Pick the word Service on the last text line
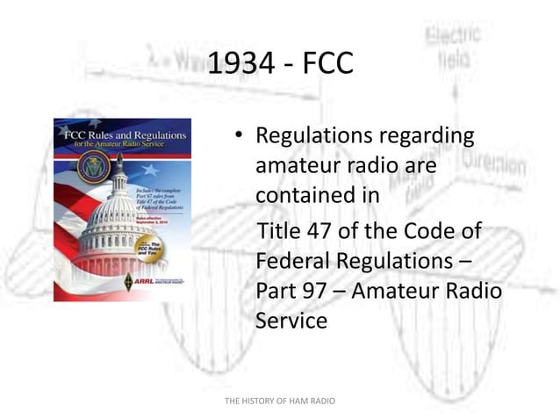[x=291, y=321]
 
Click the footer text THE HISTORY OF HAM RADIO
[x=280, y=402]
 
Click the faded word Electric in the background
[x=453, y=36]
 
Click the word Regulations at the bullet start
[x=313, y=136]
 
